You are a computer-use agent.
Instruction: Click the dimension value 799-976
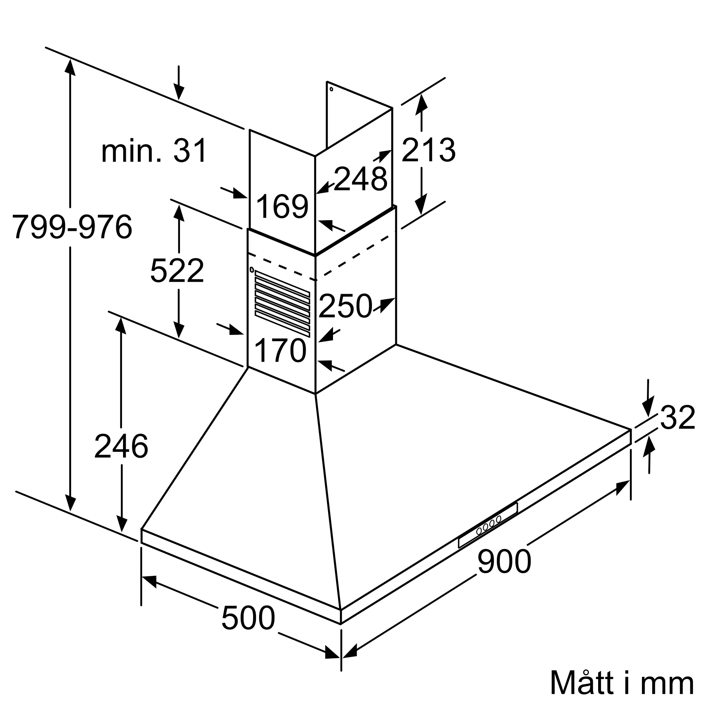[72, 227]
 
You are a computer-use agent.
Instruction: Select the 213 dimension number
[428, 150]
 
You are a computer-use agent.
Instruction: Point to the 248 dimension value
[361, 179]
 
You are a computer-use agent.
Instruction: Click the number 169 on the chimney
[282, 207]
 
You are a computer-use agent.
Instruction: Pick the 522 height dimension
[177, 271]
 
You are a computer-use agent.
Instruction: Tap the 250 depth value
[345, 306]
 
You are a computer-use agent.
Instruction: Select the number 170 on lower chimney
[280, 351]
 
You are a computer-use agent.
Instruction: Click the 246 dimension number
[121, 446]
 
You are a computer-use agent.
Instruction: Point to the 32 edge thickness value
[677, 417]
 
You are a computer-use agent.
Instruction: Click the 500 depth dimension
[248, 618]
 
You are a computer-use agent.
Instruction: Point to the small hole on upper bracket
[331, 89]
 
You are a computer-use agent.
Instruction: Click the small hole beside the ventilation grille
[251, 270]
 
